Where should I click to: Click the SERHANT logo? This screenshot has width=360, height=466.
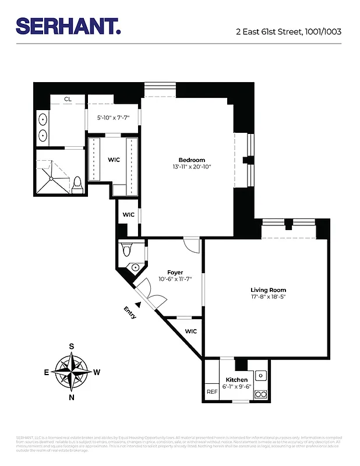pyautogui.click(x=68, y=26)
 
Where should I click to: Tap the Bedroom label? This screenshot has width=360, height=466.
pyautogui.click(x=192, y=160)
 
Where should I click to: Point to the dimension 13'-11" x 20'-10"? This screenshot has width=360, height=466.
pyautogui.click(x=192, y=167)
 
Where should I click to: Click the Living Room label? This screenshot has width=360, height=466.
pyautogui.click(x=269, y=290)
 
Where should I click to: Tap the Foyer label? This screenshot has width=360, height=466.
pyautogui.click(x=175, y=272)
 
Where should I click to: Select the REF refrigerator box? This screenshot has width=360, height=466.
pyautogui.click(x=212, y=392)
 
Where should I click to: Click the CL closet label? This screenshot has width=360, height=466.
pyautogui.click(x=68, y=100)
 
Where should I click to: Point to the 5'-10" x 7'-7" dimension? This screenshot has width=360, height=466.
pyautogui.click(x=112, y=118)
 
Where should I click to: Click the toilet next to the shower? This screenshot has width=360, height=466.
pyautogui.click(x=77, y=185)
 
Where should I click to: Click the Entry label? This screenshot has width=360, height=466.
pyautogui.click(x=130, y=313)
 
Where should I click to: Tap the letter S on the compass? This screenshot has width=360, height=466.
pyautogui.click(x=72, y=346)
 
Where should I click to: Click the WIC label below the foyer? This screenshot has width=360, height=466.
pyautogui.click(x=190, y=331)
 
